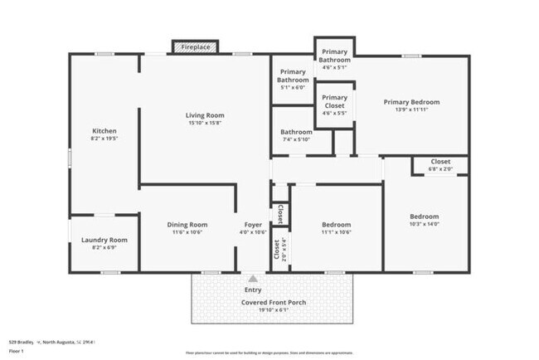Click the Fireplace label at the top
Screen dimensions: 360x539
[196, 47]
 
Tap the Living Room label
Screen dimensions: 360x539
[204, 115]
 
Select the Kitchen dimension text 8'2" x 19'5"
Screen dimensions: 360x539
[104, 139]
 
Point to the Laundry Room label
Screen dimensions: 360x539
[104, 240]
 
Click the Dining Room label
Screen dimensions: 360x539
[188, 224]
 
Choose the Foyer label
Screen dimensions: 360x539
[253, 224]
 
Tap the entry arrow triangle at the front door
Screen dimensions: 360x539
[253, 279]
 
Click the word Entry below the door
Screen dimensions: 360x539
[253, 289]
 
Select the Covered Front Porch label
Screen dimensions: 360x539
[274, 302]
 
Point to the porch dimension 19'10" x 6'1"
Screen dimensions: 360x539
[274, 310]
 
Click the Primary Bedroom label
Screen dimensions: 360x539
[411, 102]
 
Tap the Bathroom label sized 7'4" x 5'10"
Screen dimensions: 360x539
[296, 132]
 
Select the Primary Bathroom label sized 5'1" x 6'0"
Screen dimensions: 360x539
[293, 75]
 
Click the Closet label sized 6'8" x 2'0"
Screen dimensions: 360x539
[440, 162]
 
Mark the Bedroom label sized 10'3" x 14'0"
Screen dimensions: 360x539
[425, 217]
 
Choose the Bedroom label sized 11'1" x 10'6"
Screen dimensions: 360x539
[336, 224]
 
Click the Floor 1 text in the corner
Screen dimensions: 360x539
[17, 351]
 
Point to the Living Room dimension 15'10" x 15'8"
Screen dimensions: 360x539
[204, 124]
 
